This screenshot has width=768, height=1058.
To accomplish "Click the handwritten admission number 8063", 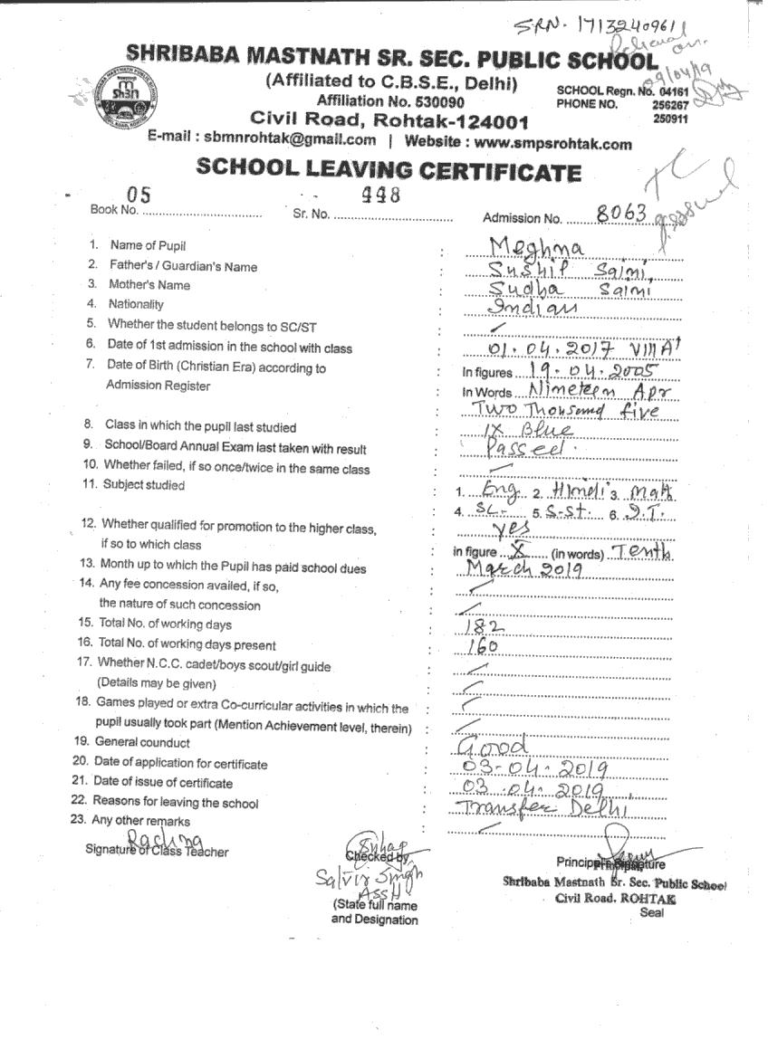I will (621, 213).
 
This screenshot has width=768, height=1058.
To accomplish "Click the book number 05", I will (139, 193).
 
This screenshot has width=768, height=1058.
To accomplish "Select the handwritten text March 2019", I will (523, 568).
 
